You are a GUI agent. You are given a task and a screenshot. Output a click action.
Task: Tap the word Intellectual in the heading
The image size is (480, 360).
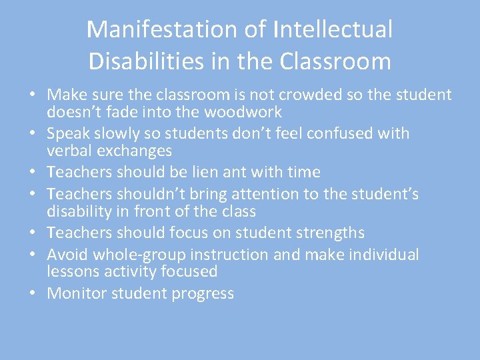(332, 29)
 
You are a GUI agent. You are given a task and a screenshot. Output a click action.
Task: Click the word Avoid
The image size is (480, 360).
(67, 255)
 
